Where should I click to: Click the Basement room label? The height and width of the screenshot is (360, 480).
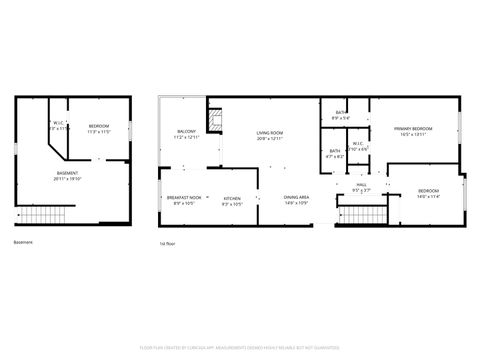pyautogui.click(x=68, y=176)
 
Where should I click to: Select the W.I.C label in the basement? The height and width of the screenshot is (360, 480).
pyautogui.click(x=58, y=126)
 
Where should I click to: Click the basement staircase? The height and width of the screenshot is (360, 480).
pyautogui.click(x=44, y=216)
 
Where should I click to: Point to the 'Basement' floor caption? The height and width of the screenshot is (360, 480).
pyautogui.click(x=23, y=243)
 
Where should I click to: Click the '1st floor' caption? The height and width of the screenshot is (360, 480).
pyautogui.click(x=167, y=243)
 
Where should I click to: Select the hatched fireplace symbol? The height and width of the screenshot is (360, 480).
pyautogui.click(x=213, y=121)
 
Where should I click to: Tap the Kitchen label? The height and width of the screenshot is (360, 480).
pyautogui.click(x=231, y=199)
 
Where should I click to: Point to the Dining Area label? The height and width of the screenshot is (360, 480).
pyautogui.click(x=295, y=199)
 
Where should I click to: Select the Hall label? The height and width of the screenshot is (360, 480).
pyautogui.click(x=362, y=186)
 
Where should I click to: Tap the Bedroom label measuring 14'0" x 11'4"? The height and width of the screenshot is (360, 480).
pyautogui.click(x=428, y=192)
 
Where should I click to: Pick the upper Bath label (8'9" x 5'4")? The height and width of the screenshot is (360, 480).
pyautogui.click(x=341, y=115)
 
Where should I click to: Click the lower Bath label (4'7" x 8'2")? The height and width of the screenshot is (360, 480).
pyautogui.click(x=335, y=154)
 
